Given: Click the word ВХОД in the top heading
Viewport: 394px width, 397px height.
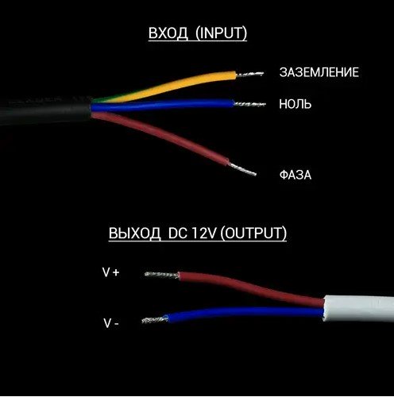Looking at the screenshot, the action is coord(168,33).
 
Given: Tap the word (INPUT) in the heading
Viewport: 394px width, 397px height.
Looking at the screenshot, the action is coord(222,33).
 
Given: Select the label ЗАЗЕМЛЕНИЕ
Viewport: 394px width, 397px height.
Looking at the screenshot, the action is coord(319,72).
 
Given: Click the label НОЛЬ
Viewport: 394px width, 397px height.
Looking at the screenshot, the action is coord(295,104).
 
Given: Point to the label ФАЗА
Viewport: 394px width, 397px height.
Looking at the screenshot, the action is coord(295,175).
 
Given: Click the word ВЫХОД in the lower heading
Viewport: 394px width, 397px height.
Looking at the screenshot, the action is coord(135,233).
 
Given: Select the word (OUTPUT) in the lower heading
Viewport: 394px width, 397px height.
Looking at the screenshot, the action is coord(253,233).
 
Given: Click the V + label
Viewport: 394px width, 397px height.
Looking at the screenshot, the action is coord(111,272).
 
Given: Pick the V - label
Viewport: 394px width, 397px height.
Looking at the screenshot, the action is coord(111,323).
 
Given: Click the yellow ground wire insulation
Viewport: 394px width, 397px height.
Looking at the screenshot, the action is coord(169,85).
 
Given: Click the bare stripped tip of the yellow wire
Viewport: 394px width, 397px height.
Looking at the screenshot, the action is coord(249,74).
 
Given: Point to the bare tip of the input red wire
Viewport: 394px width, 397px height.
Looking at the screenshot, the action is coord(242,169).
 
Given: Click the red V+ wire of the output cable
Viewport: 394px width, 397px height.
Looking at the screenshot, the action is coord(252,288).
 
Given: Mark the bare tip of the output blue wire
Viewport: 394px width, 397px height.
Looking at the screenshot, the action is coord(154,320).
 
